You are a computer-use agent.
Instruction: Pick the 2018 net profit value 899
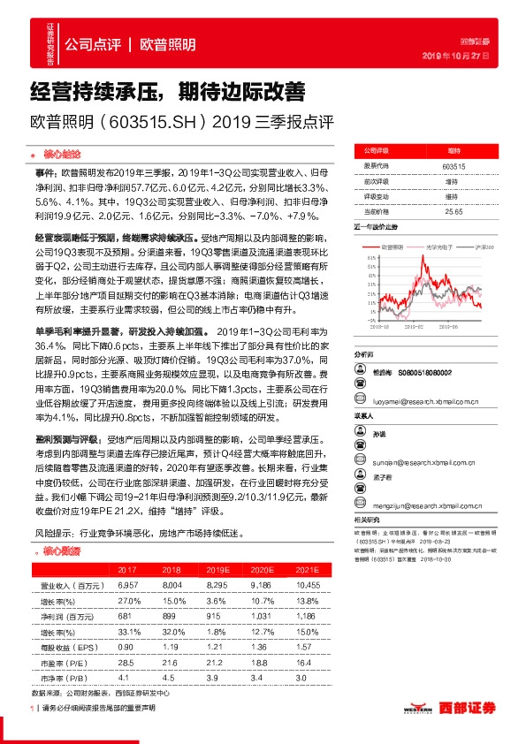[x=170, y=613]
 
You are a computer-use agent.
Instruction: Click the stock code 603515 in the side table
[x=453, y=166]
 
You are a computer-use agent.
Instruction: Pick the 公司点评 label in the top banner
[x=94, y=44]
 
